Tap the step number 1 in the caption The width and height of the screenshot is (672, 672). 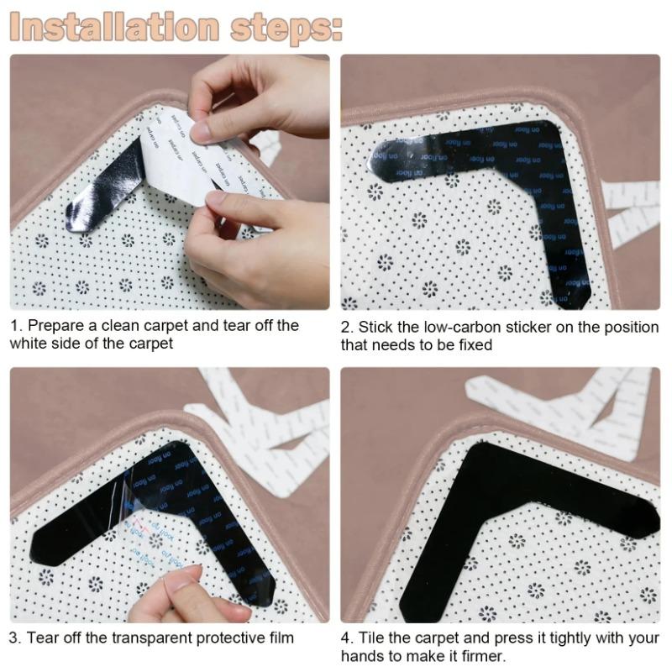pos(14,325)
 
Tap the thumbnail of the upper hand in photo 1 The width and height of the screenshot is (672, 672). pos(201,131)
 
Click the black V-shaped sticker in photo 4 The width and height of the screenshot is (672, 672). pos(504,504)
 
